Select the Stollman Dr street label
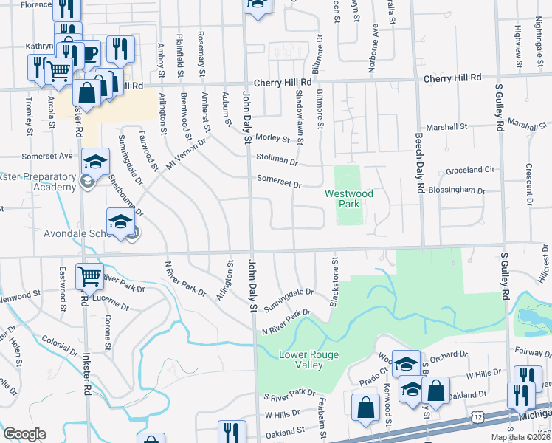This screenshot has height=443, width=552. [x=277, y=159]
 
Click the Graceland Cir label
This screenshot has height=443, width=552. [x=469, y=171]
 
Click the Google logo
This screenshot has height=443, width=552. [x=24, y=434]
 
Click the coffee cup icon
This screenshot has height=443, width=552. [x=89, y=54]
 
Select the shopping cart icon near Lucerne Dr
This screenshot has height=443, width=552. [x=89, y=277]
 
